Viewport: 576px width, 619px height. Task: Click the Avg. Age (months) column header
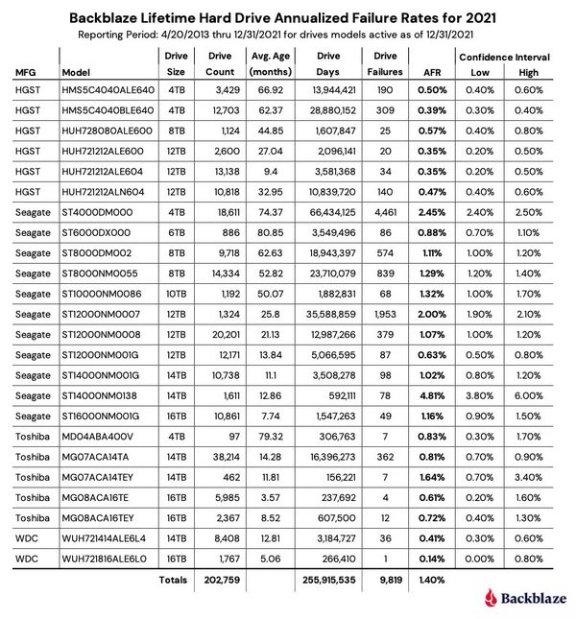pyautogui.click(x=272, y=64)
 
